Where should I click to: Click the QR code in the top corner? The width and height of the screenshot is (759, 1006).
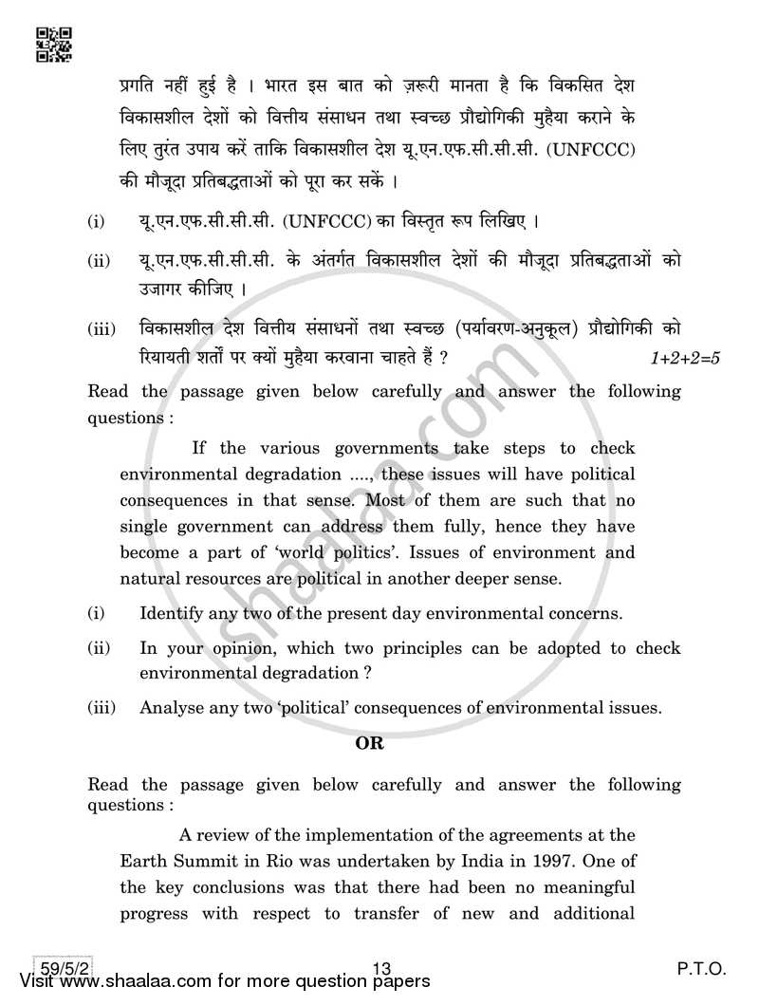pyautogui.click(x=52, y=45)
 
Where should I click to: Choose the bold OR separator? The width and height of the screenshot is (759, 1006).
pyautogui.click(x=369, y=743)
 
